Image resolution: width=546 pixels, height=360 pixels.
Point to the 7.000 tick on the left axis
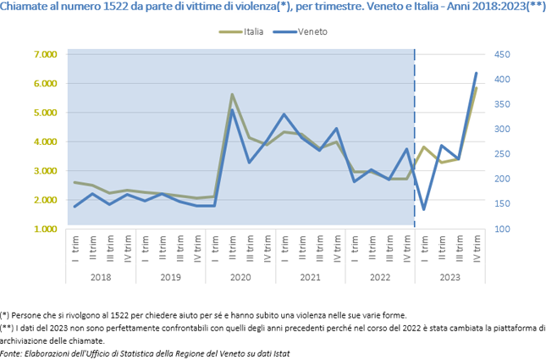click(45, 54)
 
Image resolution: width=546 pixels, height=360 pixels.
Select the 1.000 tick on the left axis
click(45, 229)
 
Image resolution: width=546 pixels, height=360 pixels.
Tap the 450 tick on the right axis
click(503, 54)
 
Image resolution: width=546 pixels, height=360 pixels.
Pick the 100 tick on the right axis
click(503, 229)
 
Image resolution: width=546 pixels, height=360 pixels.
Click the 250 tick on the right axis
click(503, 154)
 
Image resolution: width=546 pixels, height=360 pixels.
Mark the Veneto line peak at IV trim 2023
click(476, 74)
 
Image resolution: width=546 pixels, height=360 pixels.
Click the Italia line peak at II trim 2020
click(232, 95)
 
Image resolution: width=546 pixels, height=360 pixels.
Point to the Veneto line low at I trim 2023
click(423, 209)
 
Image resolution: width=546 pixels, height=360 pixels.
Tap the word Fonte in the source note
click(13, 352)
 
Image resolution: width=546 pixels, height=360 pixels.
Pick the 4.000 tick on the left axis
click(45, 141)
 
